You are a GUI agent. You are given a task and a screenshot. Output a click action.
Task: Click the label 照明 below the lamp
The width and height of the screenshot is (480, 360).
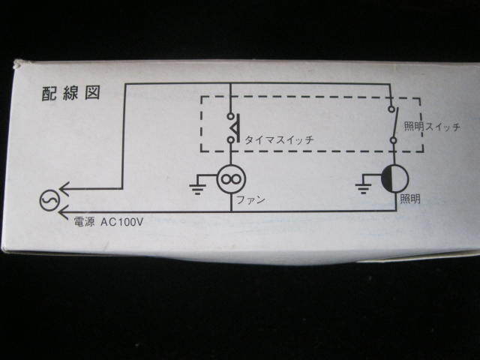(410, 199)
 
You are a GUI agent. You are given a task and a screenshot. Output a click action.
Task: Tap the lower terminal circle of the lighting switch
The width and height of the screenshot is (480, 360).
(392, 139)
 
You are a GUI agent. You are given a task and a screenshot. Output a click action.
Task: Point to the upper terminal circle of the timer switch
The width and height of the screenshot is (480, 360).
(229, 115)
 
